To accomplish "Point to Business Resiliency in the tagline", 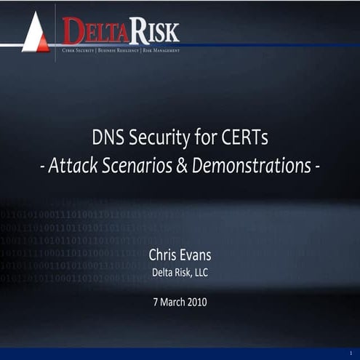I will click(x=119, y=51).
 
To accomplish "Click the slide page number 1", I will click(x=350, y=353).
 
